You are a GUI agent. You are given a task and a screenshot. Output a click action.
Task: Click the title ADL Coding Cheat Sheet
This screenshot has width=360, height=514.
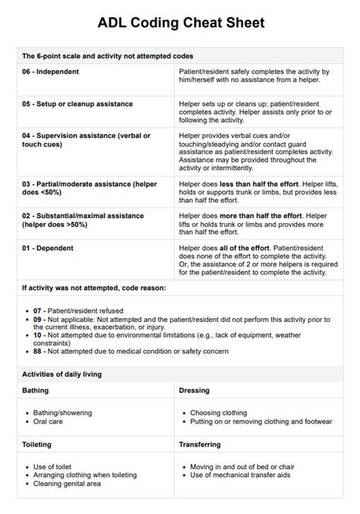pyautogui.click(x=181, y=24)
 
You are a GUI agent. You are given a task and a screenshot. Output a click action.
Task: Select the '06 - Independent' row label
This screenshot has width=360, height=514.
pyautogui.click(x=52, y=71)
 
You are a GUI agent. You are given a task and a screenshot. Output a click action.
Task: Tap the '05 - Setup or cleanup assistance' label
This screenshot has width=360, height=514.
pyautogui.click(x=77, y=103)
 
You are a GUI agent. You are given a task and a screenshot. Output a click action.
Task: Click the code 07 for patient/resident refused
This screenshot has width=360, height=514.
pyautogui.click(x=39, y=311)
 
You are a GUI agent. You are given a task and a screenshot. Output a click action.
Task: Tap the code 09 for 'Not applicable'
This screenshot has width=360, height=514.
pyautogui.click(x=39, y=319)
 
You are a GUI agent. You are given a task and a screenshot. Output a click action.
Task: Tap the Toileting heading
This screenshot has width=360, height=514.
pyautogui.click(x=38, y=443)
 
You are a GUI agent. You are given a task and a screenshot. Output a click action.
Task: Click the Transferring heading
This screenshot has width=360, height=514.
pyautogui.click(x=200, y=443)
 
